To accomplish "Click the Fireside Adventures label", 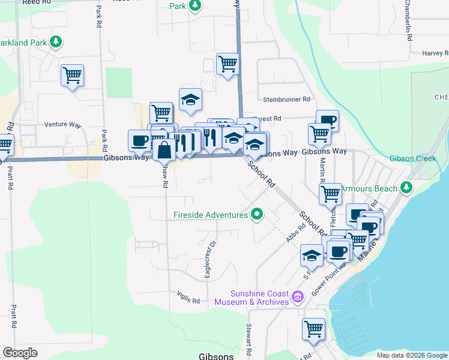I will click(211, 215).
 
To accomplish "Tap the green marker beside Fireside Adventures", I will click(258, 213).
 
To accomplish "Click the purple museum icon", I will click(298, 297).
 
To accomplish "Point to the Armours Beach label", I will click(370, 188).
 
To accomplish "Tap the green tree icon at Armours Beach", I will click(407, 187).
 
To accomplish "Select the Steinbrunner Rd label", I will click(286, 99).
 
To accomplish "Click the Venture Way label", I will click(62, 125).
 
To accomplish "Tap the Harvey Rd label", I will click(435, 53).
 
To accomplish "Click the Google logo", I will click(20, 353).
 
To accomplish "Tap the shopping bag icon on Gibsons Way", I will click(164, 149).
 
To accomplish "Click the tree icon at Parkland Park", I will click(55, 42).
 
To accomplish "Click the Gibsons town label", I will click(216, 356).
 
